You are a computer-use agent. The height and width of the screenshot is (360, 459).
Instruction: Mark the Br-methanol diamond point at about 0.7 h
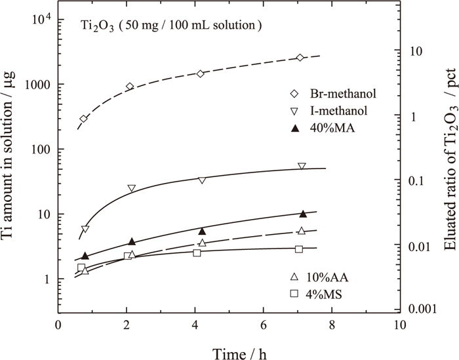coord(83,119)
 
